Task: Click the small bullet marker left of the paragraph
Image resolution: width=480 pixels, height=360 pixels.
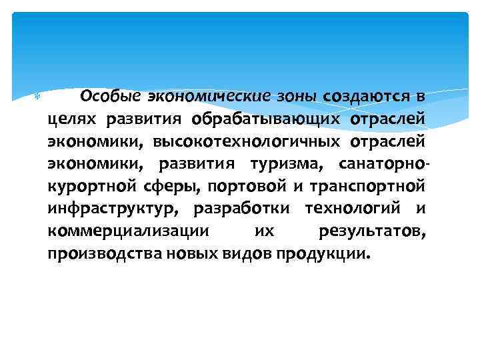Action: tap(37, 97)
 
